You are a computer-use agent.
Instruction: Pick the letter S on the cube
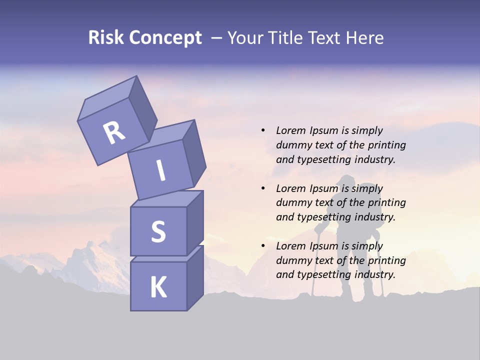tap(158, 231)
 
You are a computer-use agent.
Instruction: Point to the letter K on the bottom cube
tap(158, 287)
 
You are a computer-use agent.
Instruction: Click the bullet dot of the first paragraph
tap(263, 131)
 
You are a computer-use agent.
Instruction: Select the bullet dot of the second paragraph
tap(263, 188)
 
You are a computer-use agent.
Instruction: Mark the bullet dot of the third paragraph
tap(263, 246)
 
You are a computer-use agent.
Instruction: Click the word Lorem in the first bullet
tap(291, 130)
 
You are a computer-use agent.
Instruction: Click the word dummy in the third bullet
tap(293, 260)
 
